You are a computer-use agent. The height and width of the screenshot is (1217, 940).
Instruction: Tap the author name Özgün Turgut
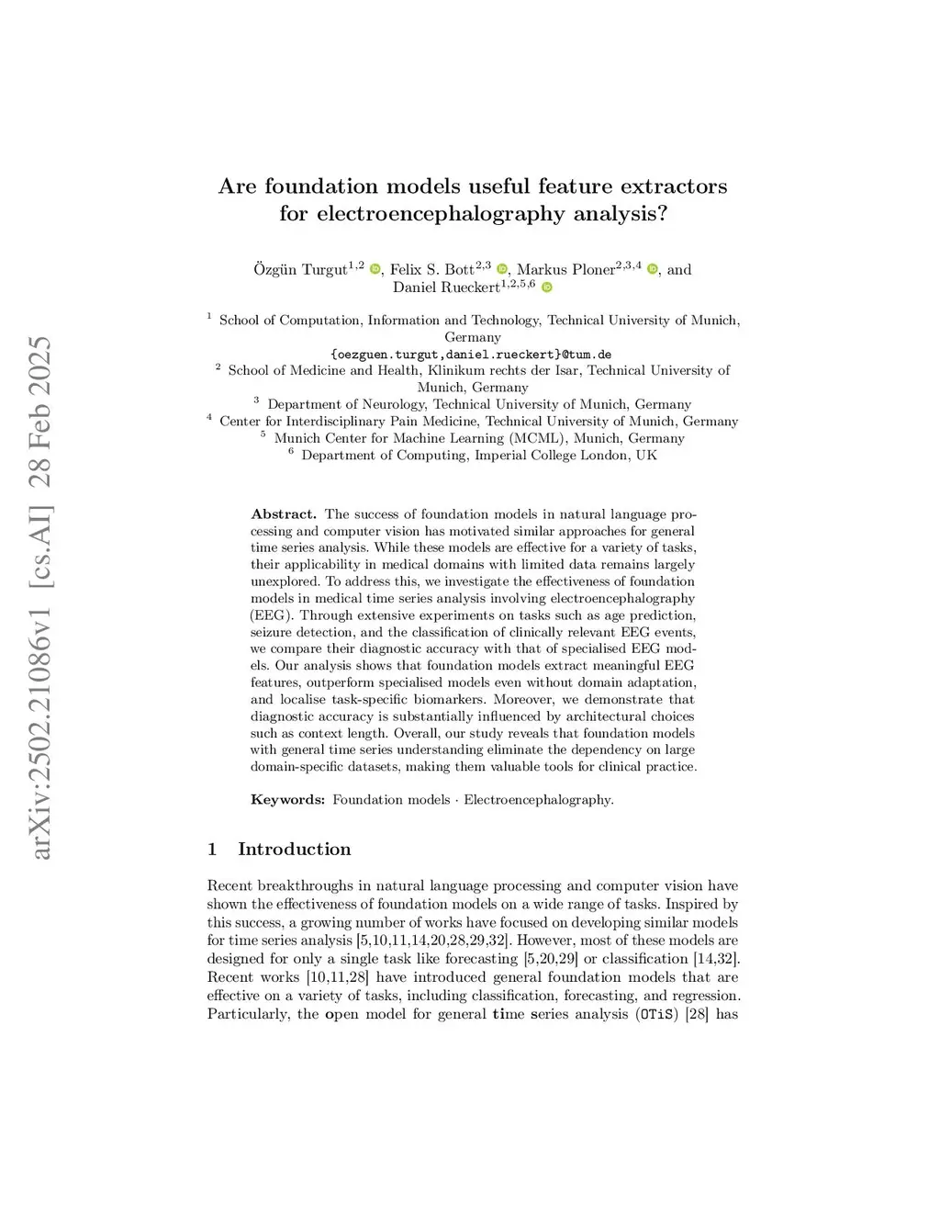(x=300, y=270)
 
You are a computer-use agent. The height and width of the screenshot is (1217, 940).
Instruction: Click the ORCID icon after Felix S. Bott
(x=502, y=269)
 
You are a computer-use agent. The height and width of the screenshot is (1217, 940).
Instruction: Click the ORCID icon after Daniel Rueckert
(x=547, y=287)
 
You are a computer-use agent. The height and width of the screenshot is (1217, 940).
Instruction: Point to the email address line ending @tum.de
(x=471, y=355)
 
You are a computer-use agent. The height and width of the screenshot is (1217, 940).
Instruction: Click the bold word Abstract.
(x=283, y=514)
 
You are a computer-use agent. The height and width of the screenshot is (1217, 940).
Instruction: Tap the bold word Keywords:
(x=287, y=800)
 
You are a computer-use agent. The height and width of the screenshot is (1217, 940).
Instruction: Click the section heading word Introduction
(x=294, y=849)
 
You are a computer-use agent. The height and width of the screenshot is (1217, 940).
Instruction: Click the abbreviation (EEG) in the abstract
(x=272, y=615)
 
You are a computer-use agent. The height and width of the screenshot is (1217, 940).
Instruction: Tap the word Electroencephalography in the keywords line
(x=538, y=800)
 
